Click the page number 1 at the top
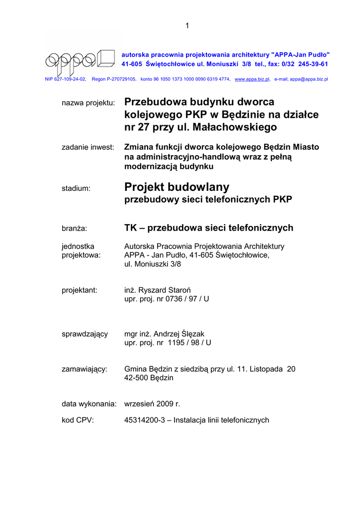click(187, 26)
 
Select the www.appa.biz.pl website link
click(252, 79)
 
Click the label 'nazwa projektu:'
click(88, 103)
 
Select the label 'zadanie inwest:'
click(88, 148)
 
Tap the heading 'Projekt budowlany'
click(177, 187)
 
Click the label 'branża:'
click(74, 229)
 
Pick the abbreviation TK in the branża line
click(130, 228)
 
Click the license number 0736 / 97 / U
click(186, 299)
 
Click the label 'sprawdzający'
click(85, 334)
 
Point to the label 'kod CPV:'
click(78, 421)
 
